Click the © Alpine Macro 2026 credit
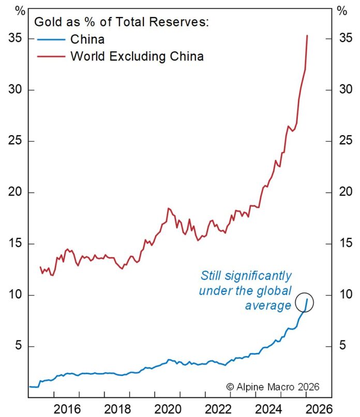(x=273, y=386)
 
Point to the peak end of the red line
(x=308, y=36)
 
